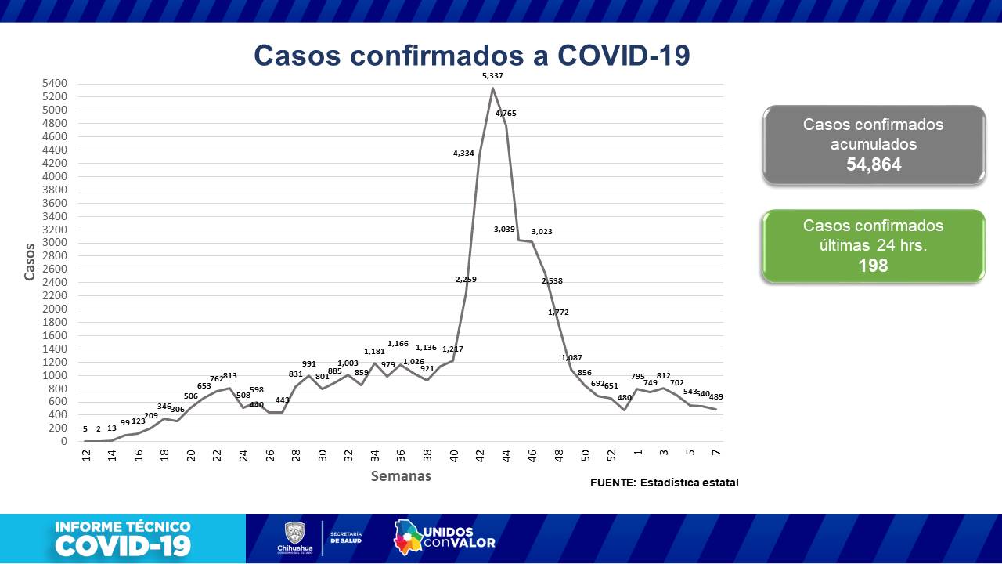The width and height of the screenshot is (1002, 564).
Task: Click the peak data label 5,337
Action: tap(492, 76)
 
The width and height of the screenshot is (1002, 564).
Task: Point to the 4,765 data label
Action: tap(506, 114)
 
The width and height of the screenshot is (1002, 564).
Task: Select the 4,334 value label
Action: tap(463, 154)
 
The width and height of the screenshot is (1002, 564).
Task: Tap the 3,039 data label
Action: tap(504, 230)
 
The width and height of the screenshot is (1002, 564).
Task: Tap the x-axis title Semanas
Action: tap(401, 476)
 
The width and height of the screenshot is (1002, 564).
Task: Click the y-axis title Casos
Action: tap(30, 262)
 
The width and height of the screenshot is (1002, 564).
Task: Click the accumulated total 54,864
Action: tap(874, 164)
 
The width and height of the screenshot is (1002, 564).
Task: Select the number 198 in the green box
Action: tap(873, 266)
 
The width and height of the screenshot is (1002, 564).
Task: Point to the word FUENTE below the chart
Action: tap(613, 483)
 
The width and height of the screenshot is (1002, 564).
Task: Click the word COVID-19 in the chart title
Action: tap(624, 56)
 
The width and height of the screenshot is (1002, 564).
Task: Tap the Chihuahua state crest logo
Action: tap(294, 533)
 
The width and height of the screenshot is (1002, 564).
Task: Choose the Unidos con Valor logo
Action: tap(444, 537)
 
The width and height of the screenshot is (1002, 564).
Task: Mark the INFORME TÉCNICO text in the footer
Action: tap(123, 527)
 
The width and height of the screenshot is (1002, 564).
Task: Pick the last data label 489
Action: tap(715, 397)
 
